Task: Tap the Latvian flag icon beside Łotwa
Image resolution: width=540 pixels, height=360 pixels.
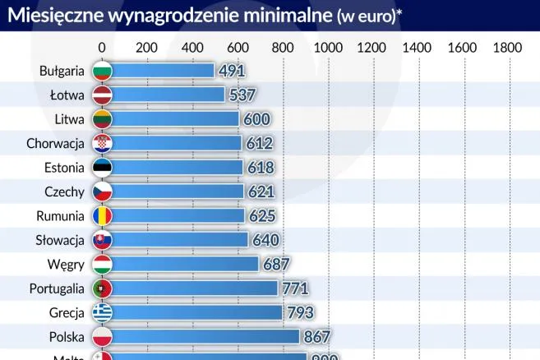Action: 102,95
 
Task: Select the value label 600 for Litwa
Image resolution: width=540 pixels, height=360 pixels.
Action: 256,119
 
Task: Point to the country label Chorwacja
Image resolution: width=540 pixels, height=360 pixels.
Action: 55,144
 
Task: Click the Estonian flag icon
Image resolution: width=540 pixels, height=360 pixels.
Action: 102,168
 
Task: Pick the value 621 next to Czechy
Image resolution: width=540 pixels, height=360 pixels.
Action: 261,192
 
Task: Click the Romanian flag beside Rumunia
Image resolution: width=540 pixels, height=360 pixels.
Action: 102,216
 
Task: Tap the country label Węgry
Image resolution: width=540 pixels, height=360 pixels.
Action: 66,265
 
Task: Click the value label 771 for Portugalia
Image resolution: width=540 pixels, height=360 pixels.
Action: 294,288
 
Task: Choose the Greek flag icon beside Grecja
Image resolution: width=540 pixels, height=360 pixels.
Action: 102,312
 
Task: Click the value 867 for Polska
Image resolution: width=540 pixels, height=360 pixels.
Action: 316,337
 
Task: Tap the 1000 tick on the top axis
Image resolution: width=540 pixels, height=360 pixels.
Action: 327,48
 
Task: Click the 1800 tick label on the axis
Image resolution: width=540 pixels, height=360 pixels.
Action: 507,48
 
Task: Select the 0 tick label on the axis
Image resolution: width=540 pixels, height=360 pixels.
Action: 101,48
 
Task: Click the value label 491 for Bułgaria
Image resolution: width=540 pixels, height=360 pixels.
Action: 232,71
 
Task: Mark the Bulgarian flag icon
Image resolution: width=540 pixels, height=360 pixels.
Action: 102,71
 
